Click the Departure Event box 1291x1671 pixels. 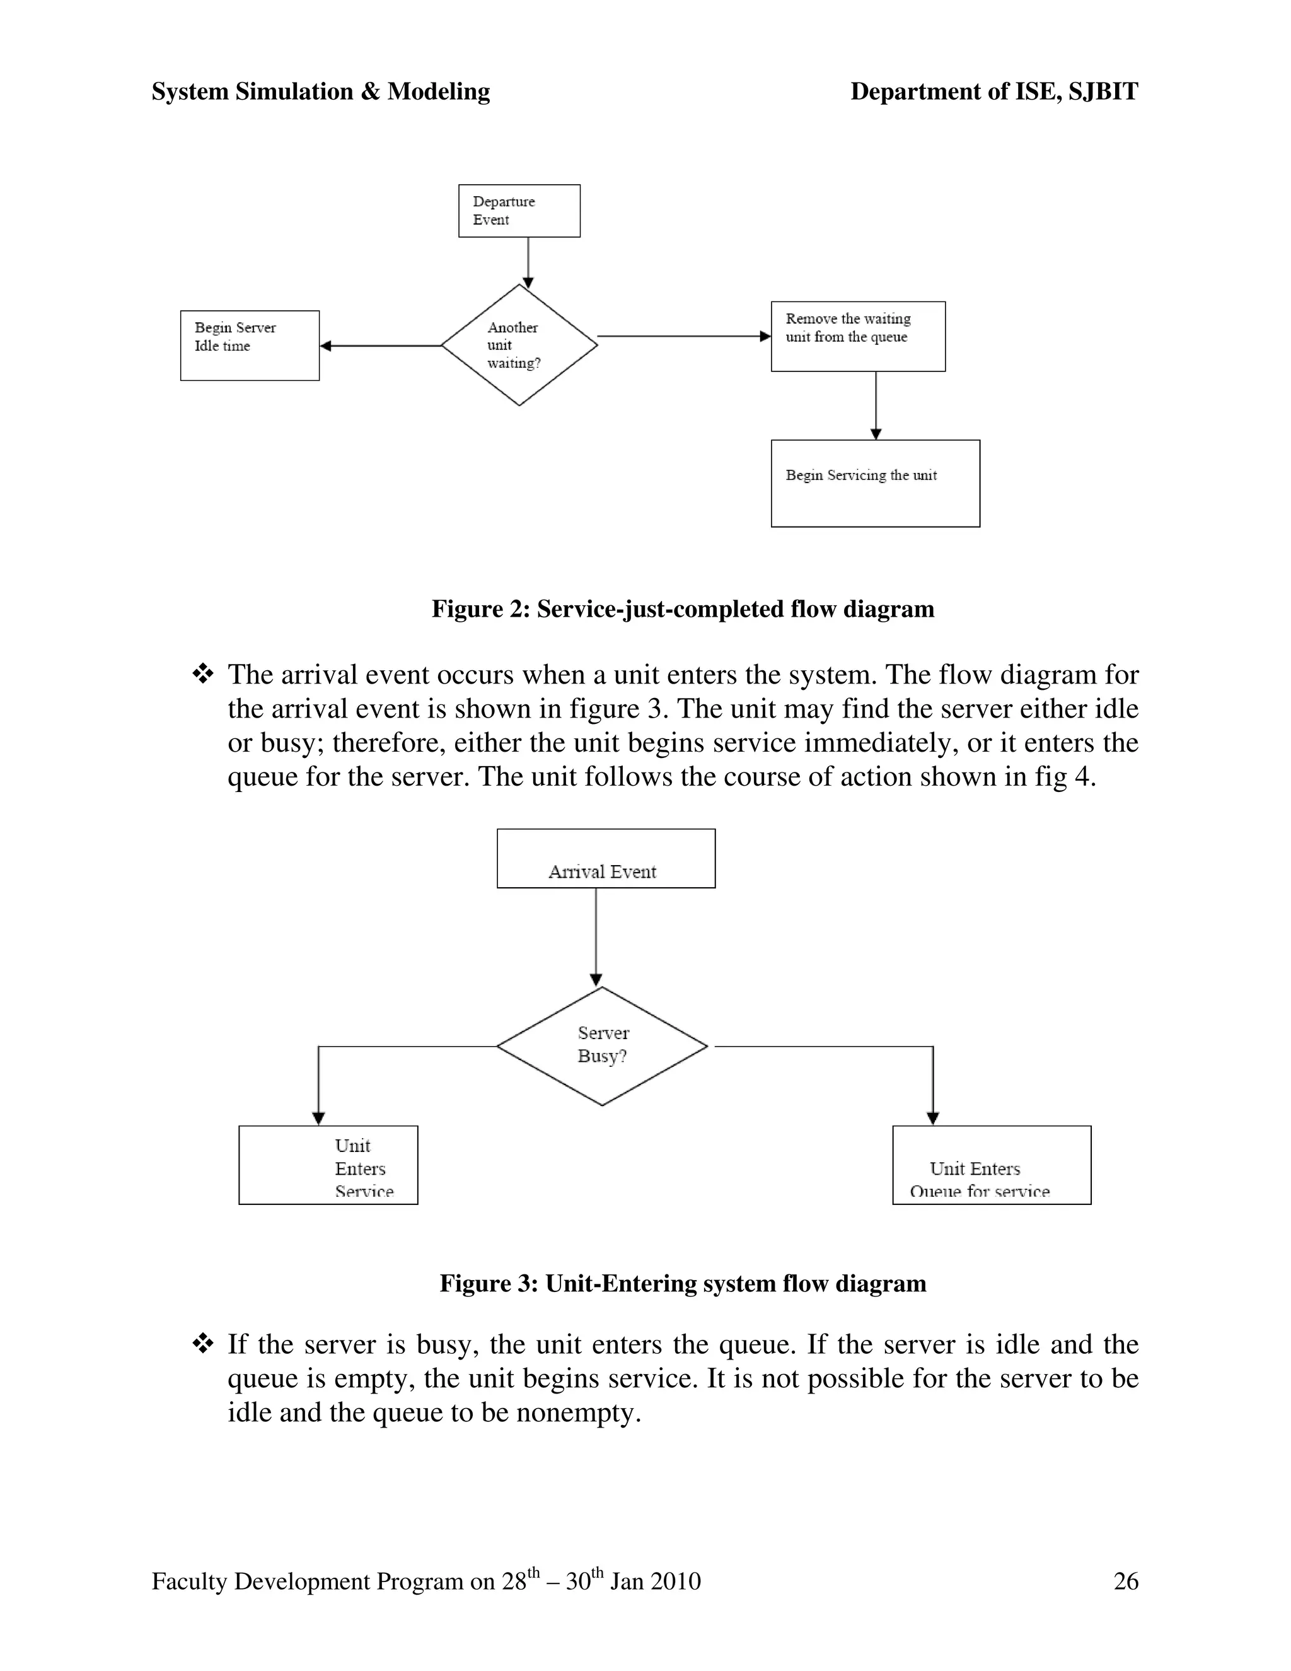pyautogui.click(x=519, y=211)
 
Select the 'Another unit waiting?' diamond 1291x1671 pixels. pyautogui.click(x=519, y=345)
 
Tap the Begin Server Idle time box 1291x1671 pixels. pyautogui.click(x=250, y=345)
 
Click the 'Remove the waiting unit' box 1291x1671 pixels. pyautogui.click(x=857, y=336)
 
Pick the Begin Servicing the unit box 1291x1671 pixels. pyautogui.click(x=875, y=483)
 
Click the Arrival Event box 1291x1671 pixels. pyautogui.click(x=606, y=858)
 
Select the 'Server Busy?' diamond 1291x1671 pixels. pyautogui.click(x=602, y=1046)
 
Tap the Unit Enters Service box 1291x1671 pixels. pyautogui.click(x=328, y=1165)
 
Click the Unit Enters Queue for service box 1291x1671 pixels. pyautogui.click(x=991, y=1165)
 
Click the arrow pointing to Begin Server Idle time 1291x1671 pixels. pyautogui.click(x=379, y=346)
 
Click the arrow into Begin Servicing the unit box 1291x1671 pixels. pyautogui.click(x=876, y=405)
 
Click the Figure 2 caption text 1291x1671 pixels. pyautogui.click(x=682, y=609)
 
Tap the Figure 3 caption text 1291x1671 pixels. pyautogui.click(x=682, y=1283)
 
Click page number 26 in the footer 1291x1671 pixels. pyautogui.click(x=1126, y=1581)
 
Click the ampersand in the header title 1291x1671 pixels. pyautogui.click(x=370, y=92)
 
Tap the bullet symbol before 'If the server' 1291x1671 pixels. pyautogui.click(x=203, y=1344)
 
